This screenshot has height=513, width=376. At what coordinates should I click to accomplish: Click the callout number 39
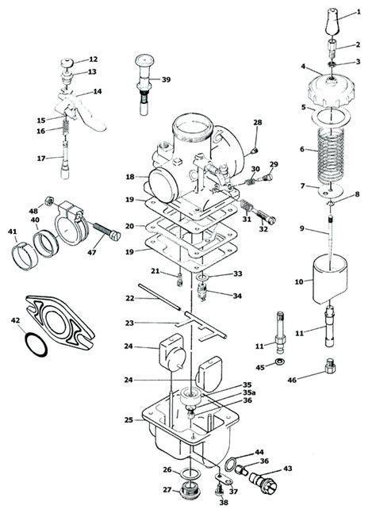point(166,79)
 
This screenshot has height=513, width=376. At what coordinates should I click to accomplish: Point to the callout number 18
point(129,178)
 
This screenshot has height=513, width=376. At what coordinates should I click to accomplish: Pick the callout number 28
point(257,122)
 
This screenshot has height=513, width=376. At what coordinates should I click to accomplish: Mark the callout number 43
point(288,469)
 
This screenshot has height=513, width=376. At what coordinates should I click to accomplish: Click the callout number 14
point(98,91)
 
